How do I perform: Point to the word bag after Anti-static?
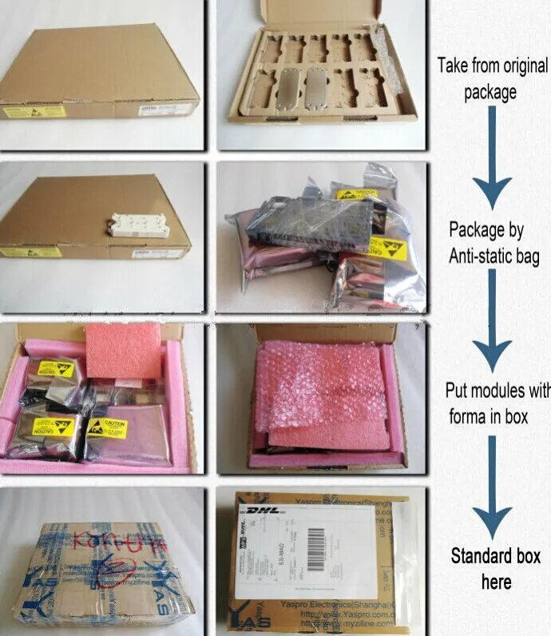pyautogui.click(x=528, y=257)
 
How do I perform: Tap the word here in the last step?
pyautogui.click(x=496, y=582)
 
